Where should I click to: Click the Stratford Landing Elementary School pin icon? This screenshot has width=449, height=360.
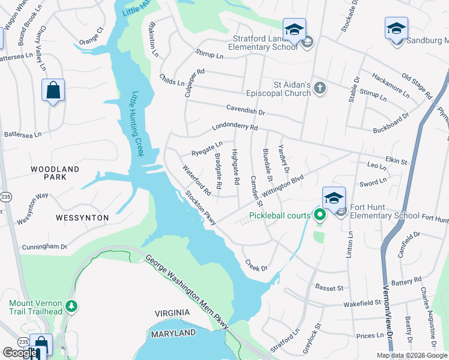tap(294, 31)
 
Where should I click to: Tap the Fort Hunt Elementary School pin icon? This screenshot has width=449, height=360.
tap(334, 198)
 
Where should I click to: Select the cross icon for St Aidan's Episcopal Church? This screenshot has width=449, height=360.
tap(320, 89)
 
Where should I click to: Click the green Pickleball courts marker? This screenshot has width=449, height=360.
tap(319, 215)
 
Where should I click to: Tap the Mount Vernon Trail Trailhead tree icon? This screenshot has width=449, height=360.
tap(72, 307)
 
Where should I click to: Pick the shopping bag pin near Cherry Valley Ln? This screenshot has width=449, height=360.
tap(53, 91)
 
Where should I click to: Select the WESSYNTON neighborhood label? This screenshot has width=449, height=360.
tap(83, 217)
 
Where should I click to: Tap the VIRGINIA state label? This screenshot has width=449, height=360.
tap(172, 313)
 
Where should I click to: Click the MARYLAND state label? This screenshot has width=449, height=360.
tap(173, 333)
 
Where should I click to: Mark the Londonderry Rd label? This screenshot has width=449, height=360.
tap(234, 128)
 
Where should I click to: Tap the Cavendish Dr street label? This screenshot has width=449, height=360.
tap(246, 109)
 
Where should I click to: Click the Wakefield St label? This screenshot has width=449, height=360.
tap(362, 304)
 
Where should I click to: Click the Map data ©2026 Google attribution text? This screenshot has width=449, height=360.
tap(412, 355)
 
